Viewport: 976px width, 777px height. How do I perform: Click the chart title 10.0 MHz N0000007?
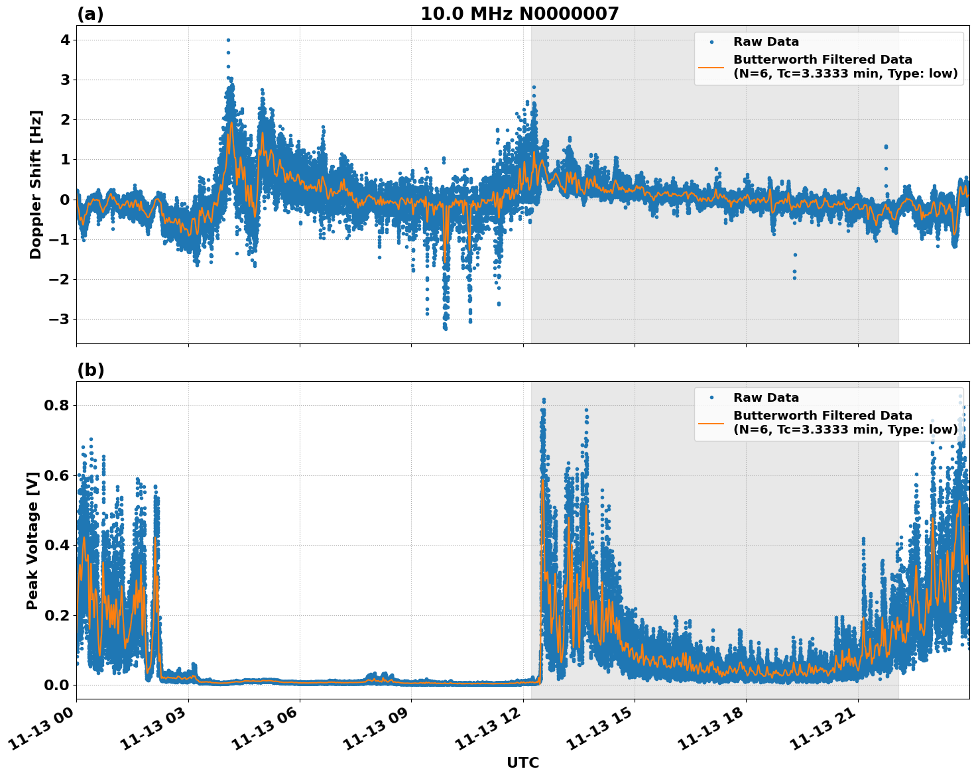click(520, 14)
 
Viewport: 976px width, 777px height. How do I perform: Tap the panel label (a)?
click(90, 14)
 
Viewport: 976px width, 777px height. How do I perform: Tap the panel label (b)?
click(91, 370)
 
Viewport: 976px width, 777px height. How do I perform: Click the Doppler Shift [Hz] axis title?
click(36, 184)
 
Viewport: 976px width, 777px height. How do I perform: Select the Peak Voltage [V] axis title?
click(32, 540)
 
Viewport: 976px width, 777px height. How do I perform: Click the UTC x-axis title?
click(522, 763)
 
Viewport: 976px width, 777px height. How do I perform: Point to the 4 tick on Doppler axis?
click(64, 40)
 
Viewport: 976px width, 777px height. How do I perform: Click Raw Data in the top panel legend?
click(766, 42)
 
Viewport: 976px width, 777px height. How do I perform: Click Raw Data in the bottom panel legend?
click(766, 398)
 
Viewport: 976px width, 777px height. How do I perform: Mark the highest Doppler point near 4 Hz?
click(228, 40)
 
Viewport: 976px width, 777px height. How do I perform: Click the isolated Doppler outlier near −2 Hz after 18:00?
click(794, 277)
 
